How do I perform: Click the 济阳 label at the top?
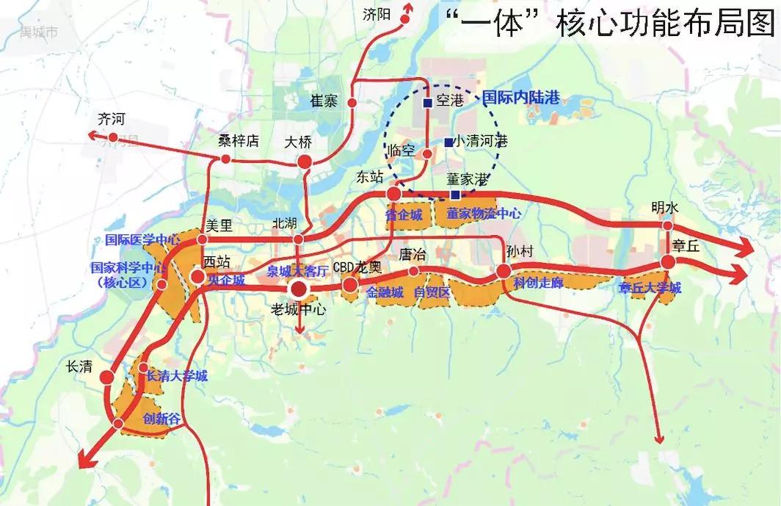pos(379,14)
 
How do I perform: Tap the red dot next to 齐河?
pos(113,137)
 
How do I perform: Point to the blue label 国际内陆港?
pos(520,96)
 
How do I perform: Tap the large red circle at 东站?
pos(394,194)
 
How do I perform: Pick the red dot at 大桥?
pos(303,162)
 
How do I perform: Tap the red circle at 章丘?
pos(667,261)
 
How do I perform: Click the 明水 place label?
pos(666,207)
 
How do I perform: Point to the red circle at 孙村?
pos(504,271)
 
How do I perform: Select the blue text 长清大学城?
pos(177,376)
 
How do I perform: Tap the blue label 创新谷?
pos(160,419)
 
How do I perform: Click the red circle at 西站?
pos(198,277)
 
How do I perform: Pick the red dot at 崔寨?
pos(352,104)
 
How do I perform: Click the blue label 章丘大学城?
pos(650,288)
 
